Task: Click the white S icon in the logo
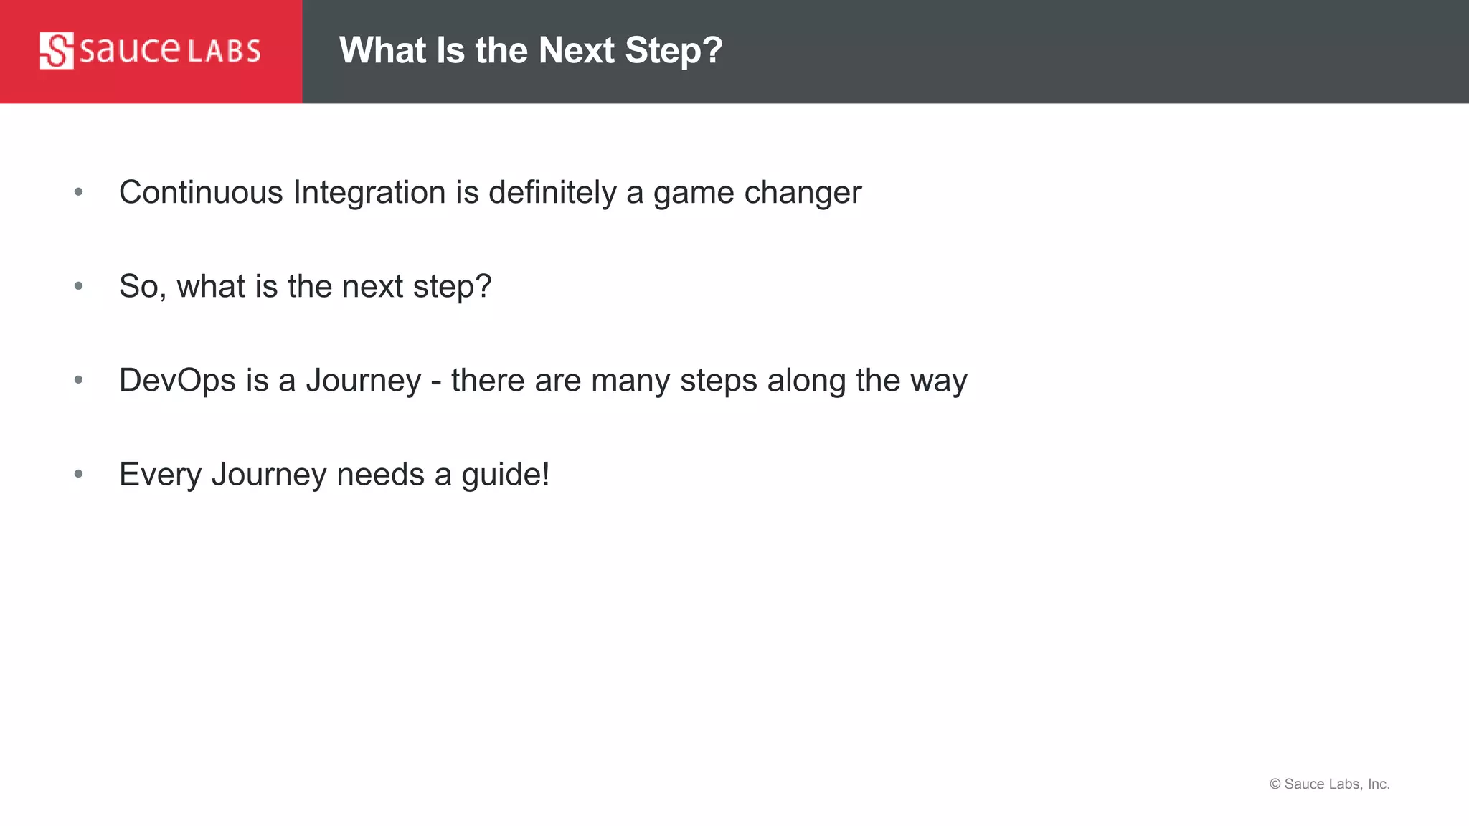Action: tap(57, 51)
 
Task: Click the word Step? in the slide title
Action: tap(674, 51)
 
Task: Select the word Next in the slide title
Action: tap(577, 51)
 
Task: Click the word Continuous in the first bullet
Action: tap(201, 192)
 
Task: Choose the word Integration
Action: tap(369, 192)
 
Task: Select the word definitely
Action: tap(552, 192)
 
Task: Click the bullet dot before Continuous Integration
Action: tap(79, 191)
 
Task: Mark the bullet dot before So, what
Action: tap(79, 285)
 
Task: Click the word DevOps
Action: tap(177, 380)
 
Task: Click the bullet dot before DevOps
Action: tap(79, 379)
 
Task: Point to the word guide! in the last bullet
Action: tap(505, 474)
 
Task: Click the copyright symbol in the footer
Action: tap(1275, 784)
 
